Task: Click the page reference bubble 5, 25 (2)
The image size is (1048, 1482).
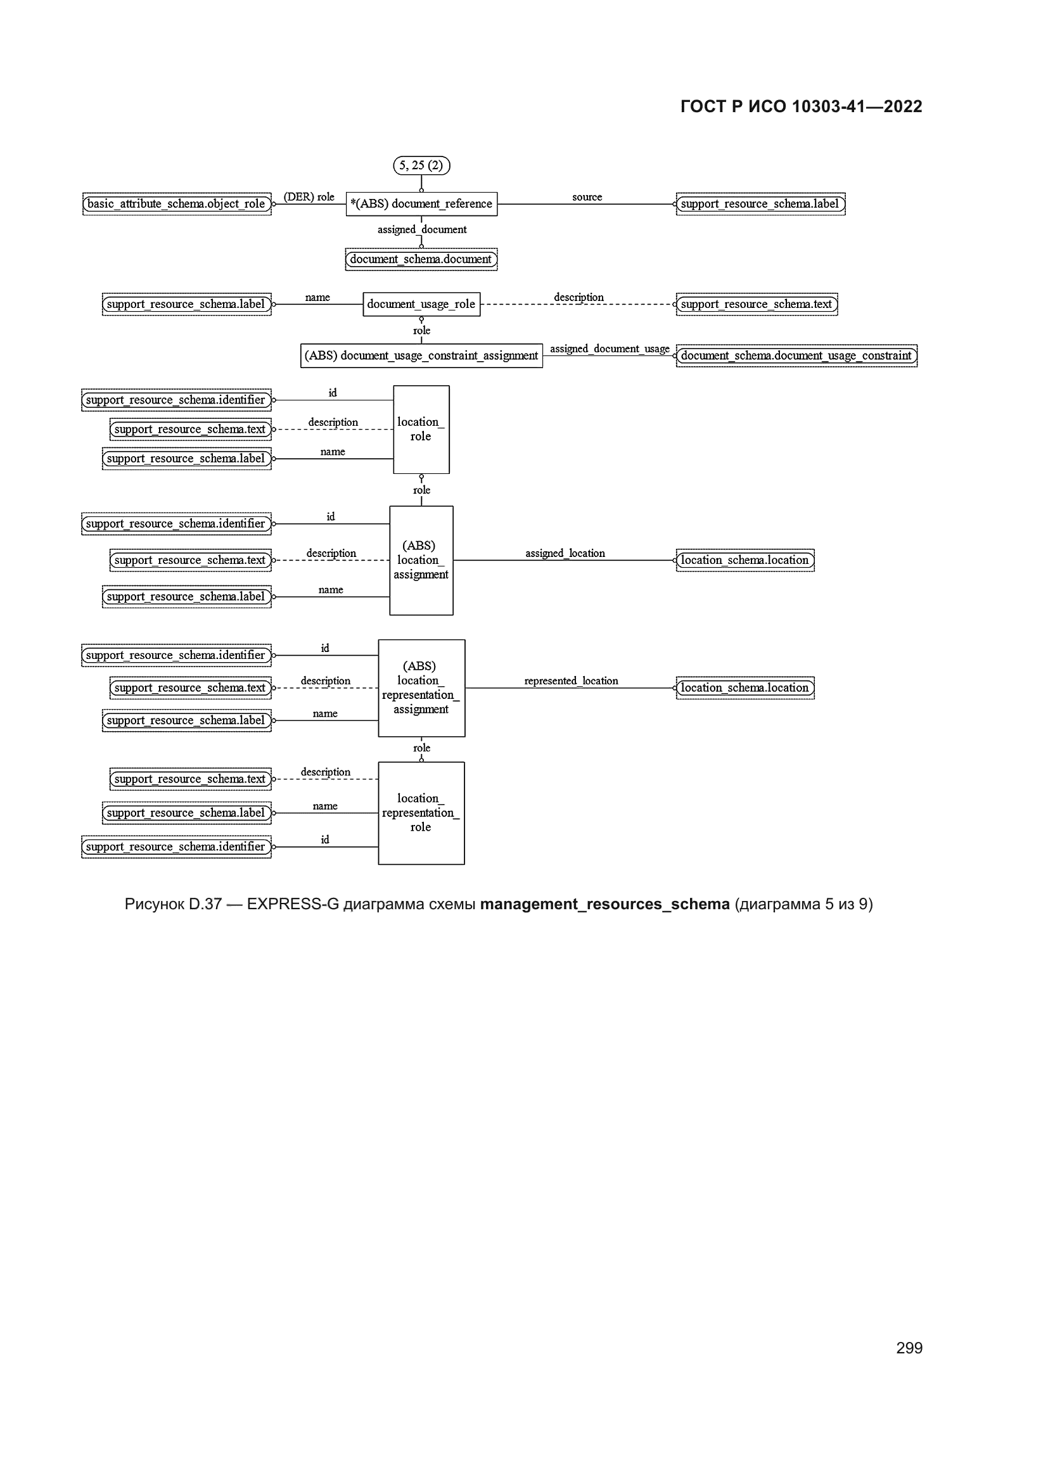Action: click(x=421, y=166)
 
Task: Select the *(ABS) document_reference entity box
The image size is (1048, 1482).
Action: click(x=421, y=204)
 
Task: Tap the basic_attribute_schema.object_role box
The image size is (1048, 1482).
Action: click(x=177, y=204)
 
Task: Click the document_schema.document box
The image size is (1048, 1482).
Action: click(x=421, y=260)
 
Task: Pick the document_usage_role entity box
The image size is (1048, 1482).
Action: click(x=421, y=304)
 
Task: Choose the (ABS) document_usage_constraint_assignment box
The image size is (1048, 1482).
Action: click(x=421, y=355)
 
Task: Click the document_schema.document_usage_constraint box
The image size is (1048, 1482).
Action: click(x=796, y=355)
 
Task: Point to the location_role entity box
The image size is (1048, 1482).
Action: click(x=421, y=429)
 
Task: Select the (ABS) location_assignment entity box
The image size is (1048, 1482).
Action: click(x=421, y=560)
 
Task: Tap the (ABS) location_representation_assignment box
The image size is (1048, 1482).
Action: click(x=421, y=688)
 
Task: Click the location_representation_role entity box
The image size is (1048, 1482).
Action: click(x=421, y=813)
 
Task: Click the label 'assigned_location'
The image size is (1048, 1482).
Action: click(x=565, y=553)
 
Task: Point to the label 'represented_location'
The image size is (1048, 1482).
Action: click(x=571, y=681)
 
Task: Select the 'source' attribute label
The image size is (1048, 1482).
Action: click(x=587, y=197)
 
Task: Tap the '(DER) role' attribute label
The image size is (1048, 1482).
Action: click(x=309, y=197)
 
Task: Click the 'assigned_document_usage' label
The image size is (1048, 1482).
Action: click(x=609, y=348)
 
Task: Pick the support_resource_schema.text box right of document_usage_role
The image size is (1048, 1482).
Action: click(x=757, y=304)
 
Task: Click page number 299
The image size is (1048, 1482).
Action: click(x=909, y=1348)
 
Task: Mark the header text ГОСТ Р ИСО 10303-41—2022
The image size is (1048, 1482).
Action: click(x=801, y=106)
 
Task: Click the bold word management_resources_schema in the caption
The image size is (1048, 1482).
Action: click(x=604, y=904)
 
